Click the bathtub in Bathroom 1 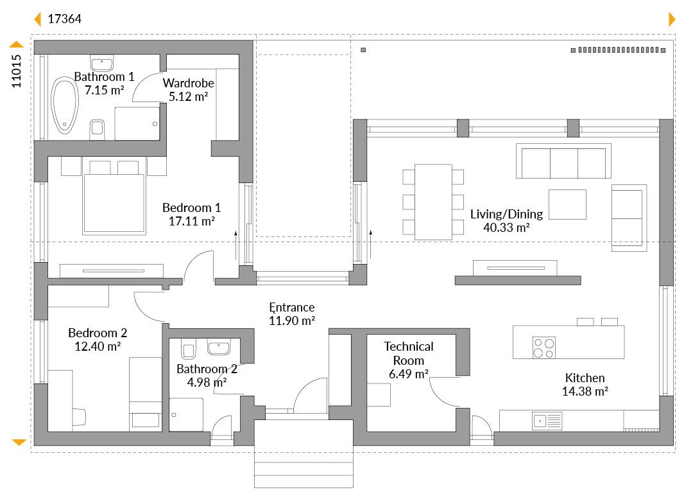(65, 105)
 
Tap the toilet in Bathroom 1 (97, 129)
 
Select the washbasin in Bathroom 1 (101, 63)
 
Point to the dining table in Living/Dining (433, 202)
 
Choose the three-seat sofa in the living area (563, 162)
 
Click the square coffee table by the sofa (567, 204)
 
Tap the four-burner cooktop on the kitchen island (544, 348)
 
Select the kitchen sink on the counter (547, 421)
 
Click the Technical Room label (408, 353)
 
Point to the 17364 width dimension (65, 19)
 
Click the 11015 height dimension (16, 71)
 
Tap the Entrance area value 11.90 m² (292, 321)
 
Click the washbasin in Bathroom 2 (219, 347)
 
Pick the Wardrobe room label (188, 83)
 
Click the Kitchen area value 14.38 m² (585, 391)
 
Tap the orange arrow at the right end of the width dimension (672, 19)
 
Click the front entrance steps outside (304, 453)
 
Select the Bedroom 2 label (98, 333)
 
